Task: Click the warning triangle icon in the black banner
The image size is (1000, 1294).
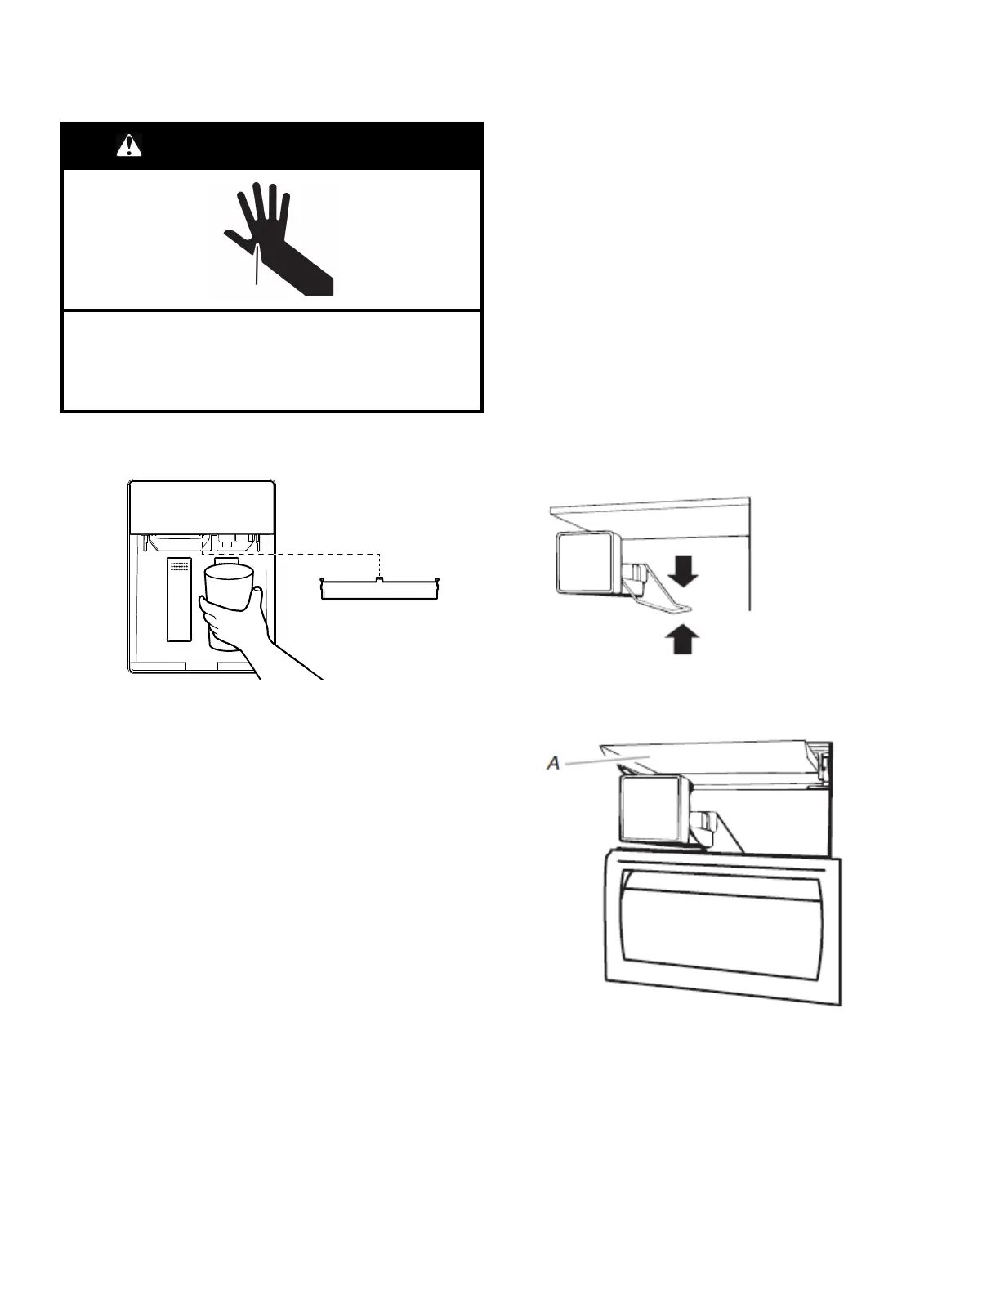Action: pyautogui.click(x=129, y=145)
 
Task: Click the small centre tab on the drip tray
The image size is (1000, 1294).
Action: pyautogui.click(x=379, y=579)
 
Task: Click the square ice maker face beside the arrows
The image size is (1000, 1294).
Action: pyautogui.click(x=584, y=561)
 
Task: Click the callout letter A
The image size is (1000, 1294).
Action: pyautogui.click(x=554, y=763)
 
